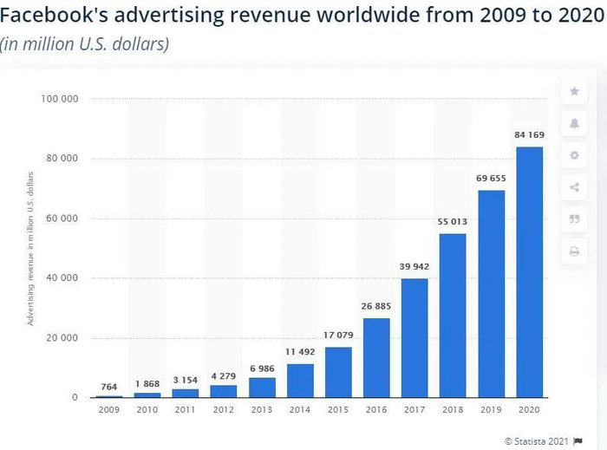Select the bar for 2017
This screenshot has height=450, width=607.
(414, 337)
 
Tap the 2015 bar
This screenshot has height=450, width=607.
(338, 371)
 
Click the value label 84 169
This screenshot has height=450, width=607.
(530, 134)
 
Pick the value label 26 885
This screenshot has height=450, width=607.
(376, 306)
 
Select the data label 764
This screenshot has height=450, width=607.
(108, 386)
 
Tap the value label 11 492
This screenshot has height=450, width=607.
(300, 352)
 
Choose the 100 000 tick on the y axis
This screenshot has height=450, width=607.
(61, 99)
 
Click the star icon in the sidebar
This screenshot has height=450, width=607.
(573, 91)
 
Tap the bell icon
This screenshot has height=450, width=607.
(573, 123)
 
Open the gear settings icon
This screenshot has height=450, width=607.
(573, 155)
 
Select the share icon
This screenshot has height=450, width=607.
(573, 187)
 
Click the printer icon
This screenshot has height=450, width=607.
(573, 251)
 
